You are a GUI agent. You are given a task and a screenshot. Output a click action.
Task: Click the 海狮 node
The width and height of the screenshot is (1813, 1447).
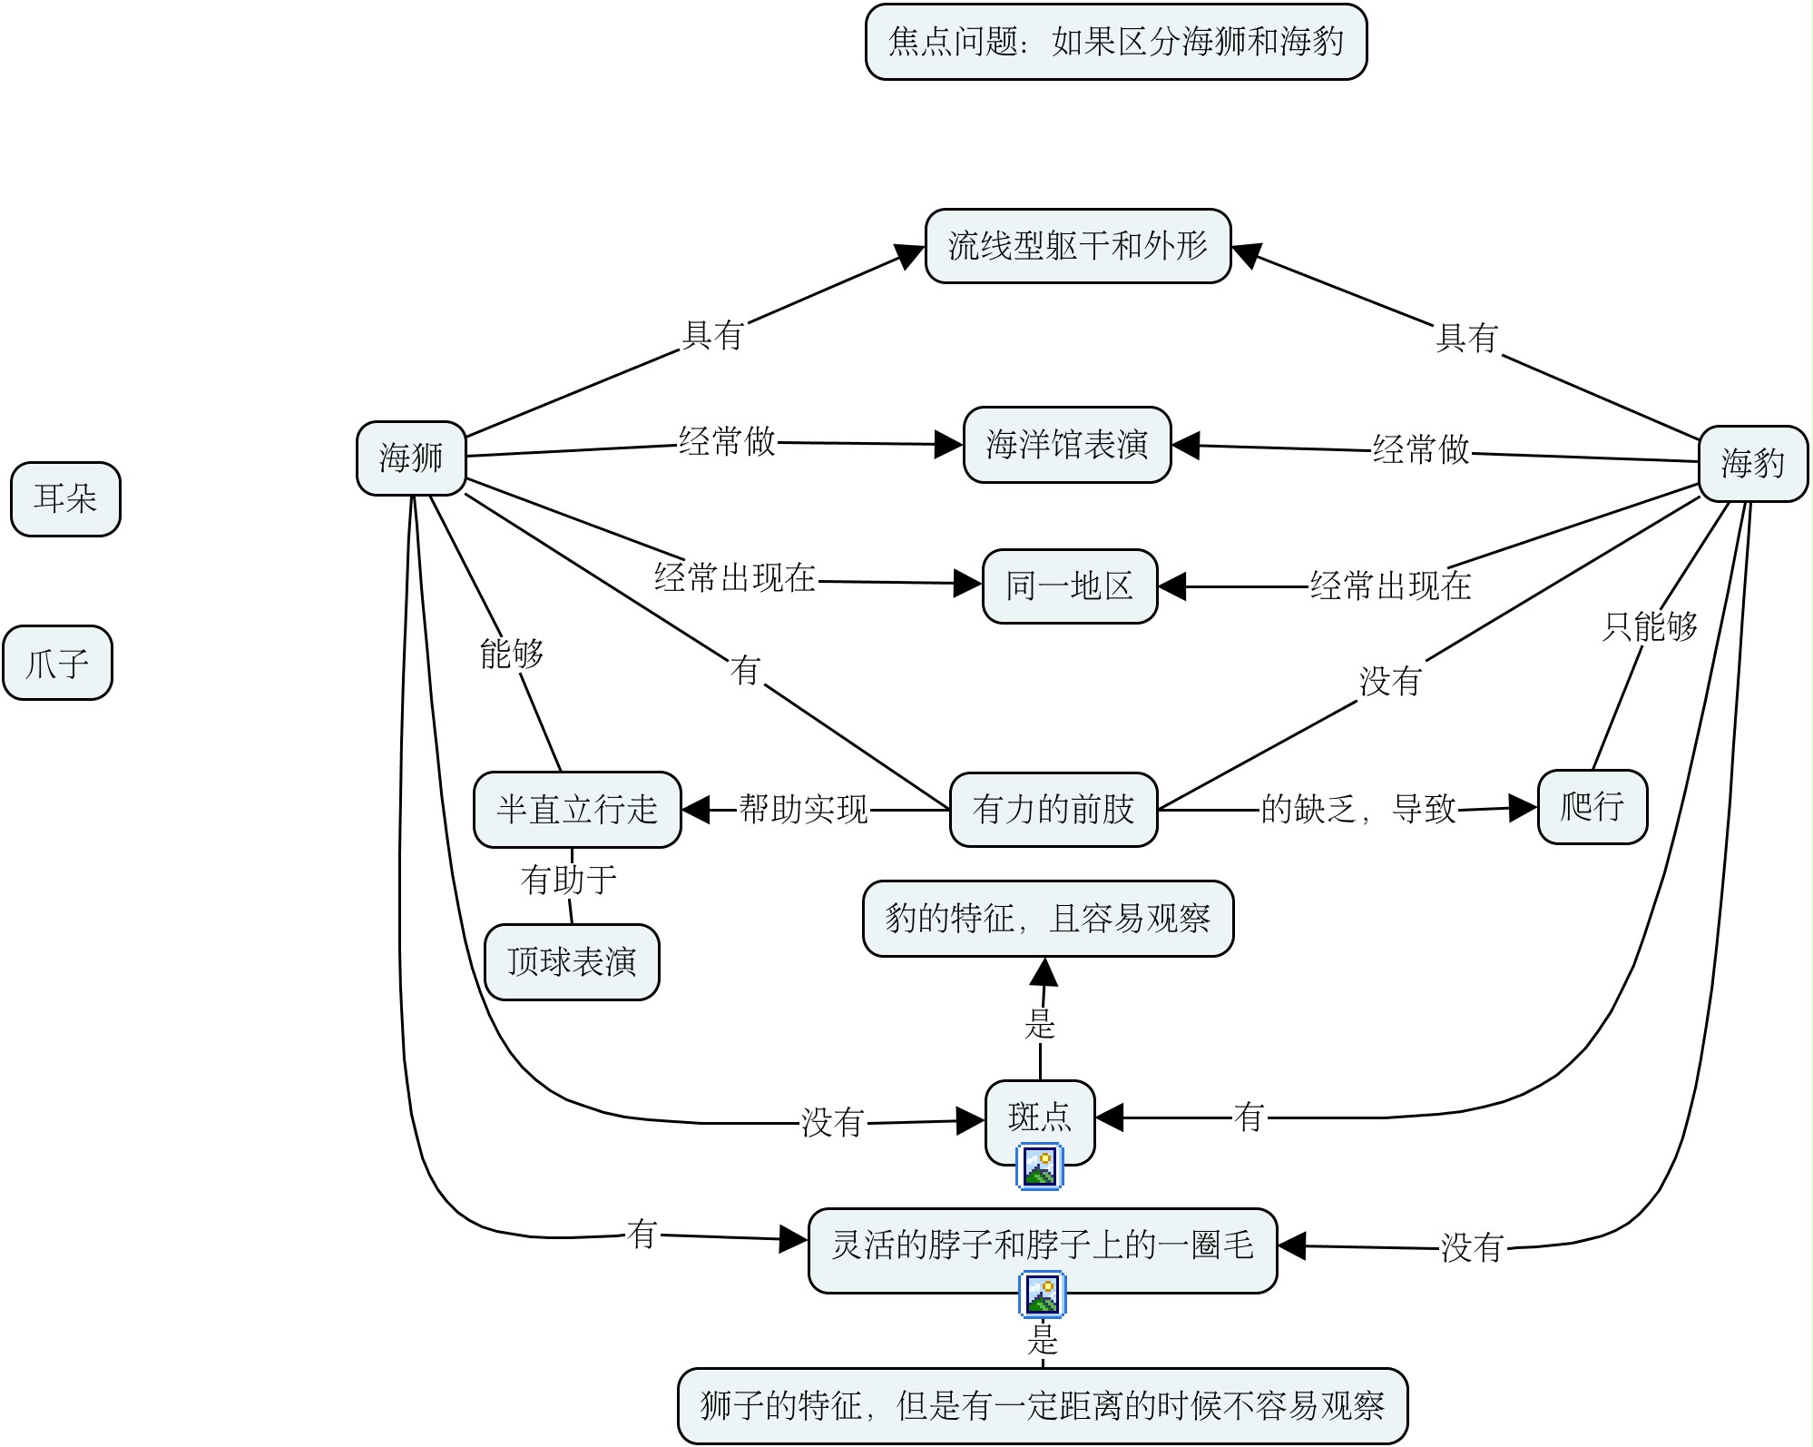pyautogui.click(x=411, y=458)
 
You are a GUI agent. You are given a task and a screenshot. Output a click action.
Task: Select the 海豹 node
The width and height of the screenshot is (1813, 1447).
pyautogui.click(x=1752, y=464)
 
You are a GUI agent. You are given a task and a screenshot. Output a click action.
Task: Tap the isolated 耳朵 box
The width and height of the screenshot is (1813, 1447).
pyautogui.click(x=65, y=498)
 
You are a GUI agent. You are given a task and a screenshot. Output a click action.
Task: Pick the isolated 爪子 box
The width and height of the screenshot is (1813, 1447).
pyautogui.click(x=57, y=663)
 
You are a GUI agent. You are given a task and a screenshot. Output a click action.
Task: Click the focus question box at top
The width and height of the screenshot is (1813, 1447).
pyautogui.click(x=1115, y=42)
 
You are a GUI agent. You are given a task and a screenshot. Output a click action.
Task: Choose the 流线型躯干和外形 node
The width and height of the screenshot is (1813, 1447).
pyautogui.click(x=1077, y=246)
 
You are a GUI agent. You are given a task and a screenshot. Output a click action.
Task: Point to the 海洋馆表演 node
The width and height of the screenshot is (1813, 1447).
pyautogui.click(x=1066, y=445)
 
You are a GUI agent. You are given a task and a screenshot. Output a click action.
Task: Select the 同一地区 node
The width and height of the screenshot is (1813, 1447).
pyautogui.click(x=1069, y=586)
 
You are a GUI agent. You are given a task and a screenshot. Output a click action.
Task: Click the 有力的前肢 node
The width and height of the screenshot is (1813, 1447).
pyautogui.click(x=1053, y=809)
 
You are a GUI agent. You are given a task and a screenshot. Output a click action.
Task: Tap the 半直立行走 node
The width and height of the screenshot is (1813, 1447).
pyautogui.click(x=577, y=809)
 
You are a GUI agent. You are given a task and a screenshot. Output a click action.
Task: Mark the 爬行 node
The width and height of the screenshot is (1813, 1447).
pyautogui.click(x=1592, y=806)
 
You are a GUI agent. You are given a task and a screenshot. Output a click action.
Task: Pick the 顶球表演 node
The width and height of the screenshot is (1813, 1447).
pyautogui.click(x=572, y=961)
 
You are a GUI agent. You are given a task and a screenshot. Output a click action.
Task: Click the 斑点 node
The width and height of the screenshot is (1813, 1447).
pyautogui.click(x=1040, y=1117)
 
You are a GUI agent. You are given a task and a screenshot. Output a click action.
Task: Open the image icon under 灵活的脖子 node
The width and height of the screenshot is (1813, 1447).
pyautogui.click(x=1042, y=1294)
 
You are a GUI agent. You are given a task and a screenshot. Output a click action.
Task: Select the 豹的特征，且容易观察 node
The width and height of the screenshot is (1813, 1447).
pyautogui.click(x=1047, y=919)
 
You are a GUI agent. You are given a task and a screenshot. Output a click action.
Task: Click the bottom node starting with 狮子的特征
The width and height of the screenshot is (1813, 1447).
pyautogui.click(x=1042, y=1406)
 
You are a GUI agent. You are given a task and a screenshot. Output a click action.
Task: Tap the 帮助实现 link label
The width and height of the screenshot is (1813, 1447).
pyautogui.click(x=803, y=809)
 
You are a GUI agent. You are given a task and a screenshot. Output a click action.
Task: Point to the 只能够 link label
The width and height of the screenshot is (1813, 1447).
pyautogui.click(x=1650, y=626)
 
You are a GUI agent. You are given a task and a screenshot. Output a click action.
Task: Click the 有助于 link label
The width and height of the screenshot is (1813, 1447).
pyautogui.click(x=569, y=879)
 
